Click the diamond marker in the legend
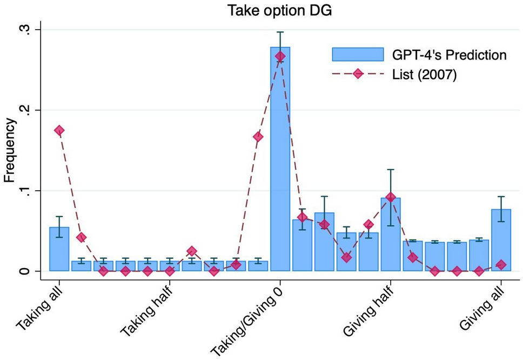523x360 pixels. coord(358,75)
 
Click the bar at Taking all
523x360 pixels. coord(59,249)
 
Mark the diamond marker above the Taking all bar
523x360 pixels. coord(59,130)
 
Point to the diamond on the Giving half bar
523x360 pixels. coord(391,197)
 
